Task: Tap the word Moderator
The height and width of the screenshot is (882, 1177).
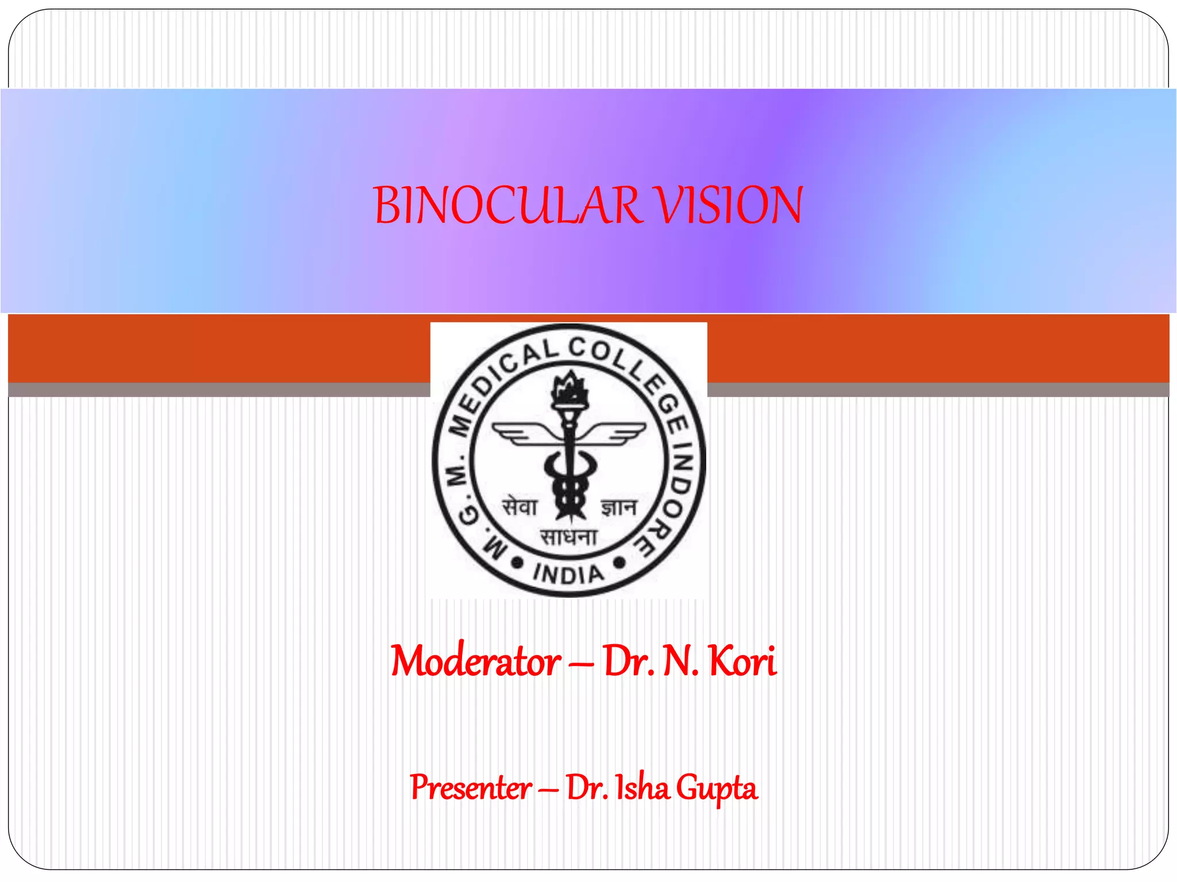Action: (x=476, y=661)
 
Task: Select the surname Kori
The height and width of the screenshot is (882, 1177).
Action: (x=743, y=661)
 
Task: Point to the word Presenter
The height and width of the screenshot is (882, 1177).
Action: (x=471, y=787)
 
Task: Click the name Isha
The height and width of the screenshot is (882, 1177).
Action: (x=643, y=787)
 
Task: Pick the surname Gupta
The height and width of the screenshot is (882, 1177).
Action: (x=716, y=788)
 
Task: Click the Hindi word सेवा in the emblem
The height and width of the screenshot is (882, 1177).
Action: (x=520, y=507)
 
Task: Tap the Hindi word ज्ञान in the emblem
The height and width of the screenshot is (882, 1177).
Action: (x=620, y=507)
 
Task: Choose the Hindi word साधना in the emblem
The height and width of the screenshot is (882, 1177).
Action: (x=568, y=537)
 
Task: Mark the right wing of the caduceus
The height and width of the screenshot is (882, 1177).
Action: (x=620, y=433)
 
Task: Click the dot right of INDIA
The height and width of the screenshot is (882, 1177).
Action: (x=620, y=562)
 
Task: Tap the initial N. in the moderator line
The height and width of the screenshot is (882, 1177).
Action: (x=680, y=661)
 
